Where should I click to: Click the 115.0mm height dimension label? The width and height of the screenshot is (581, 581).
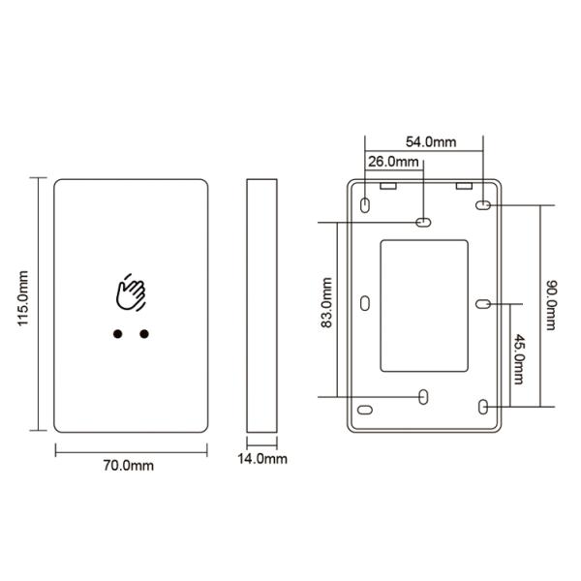(x=23, y=298)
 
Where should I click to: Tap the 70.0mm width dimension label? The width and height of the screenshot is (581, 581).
(x=128, y=466)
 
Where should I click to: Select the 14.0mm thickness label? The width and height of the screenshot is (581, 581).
(x=262, y=459)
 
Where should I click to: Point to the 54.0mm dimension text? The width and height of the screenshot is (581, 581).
(x=431, y=142)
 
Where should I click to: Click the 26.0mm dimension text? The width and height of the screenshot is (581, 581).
(x=393, y=162)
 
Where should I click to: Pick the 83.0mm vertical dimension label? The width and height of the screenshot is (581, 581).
(x=326, y=302)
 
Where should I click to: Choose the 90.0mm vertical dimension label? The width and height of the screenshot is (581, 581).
(x=551, y=305)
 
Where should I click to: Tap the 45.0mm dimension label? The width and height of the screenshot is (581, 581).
(x=519, y=359)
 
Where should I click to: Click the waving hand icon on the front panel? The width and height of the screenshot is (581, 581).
(x=131, y=292)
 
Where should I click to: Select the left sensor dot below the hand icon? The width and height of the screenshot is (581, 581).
(x=117, y=334)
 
